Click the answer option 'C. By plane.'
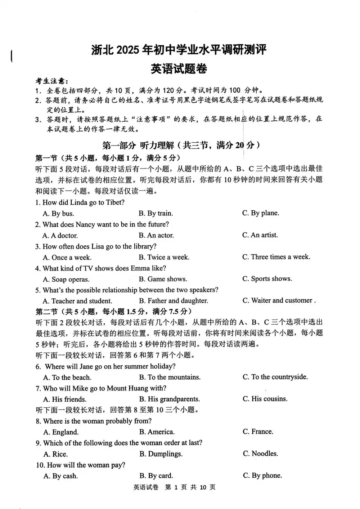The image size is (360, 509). click(260, 213)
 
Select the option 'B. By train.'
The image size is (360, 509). click(156, 213)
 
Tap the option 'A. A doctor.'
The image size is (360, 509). click(60, 236)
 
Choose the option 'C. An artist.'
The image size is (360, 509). click(260, 235)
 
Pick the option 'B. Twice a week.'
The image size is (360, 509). click(164, 257)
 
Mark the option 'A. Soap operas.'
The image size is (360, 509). click(66, 279)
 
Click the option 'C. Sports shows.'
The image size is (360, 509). click(267, 278)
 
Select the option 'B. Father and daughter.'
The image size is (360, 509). click(173, 301)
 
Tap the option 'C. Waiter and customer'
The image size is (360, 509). click(278, 300)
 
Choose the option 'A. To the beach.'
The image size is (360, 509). click(67, 378)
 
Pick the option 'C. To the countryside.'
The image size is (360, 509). click(275, 377)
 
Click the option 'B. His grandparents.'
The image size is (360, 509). click(169, 399)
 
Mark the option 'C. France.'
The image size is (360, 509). click(258, 432)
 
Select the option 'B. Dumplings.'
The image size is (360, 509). click(161, 454)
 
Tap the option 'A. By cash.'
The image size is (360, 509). click(60, 476)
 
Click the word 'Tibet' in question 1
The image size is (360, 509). click(115, 202)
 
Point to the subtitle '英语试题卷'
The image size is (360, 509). click(179, 68)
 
